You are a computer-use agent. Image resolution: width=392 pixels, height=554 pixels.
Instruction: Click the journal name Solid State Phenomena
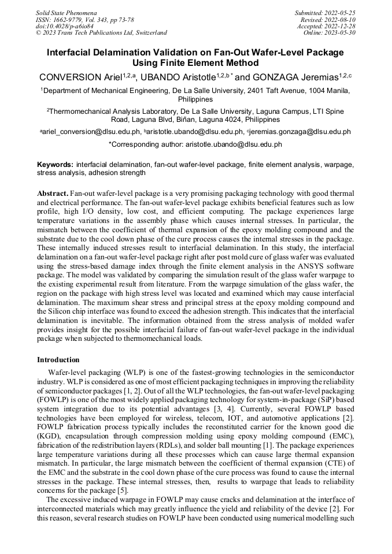tap(66, 12)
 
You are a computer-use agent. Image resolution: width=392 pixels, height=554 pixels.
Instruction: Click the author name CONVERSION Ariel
tap(79, 77)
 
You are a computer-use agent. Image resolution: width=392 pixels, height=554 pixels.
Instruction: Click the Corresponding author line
tap(195, 144)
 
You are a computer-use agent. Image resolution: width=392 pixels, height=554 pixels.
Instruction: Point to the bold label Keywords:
tap(55, 164)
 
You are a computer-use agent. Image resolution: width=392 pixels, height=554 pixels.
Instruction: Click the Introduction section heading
tap(58, 360)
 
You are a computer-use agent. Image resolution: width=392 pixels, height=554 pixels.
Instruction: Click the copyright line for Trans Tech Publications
tap(101, 33)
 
